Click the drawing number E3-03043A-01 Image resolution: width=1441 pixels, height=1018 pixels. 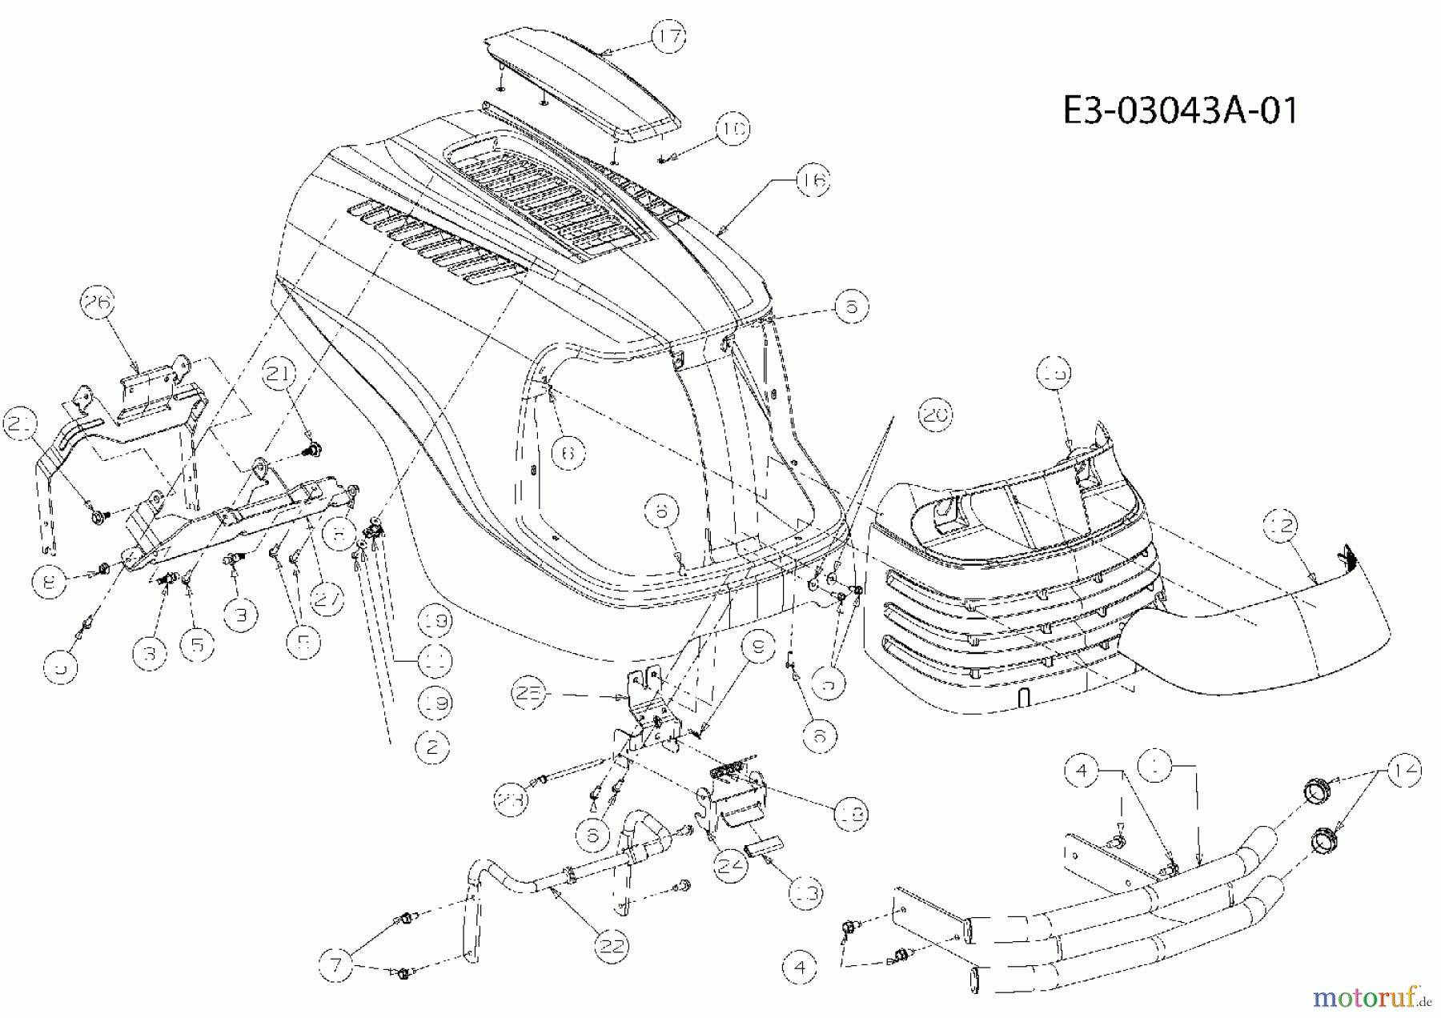pyautogui.click(x=1180, y=110)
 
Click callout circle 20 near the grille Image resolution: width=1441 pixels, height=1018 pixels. pyautogui.click(x=934, y=415)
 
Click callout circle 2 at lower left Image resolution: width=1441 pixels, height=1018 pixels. pyautogui.click(x=433, y=747)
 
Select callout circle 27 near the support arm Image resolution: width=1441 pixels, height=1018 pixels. pyautogui.click(x=327, y=602)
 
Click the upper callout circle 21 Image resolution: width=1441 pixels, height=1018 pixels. pyautogui.click(x=280, y=374)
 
